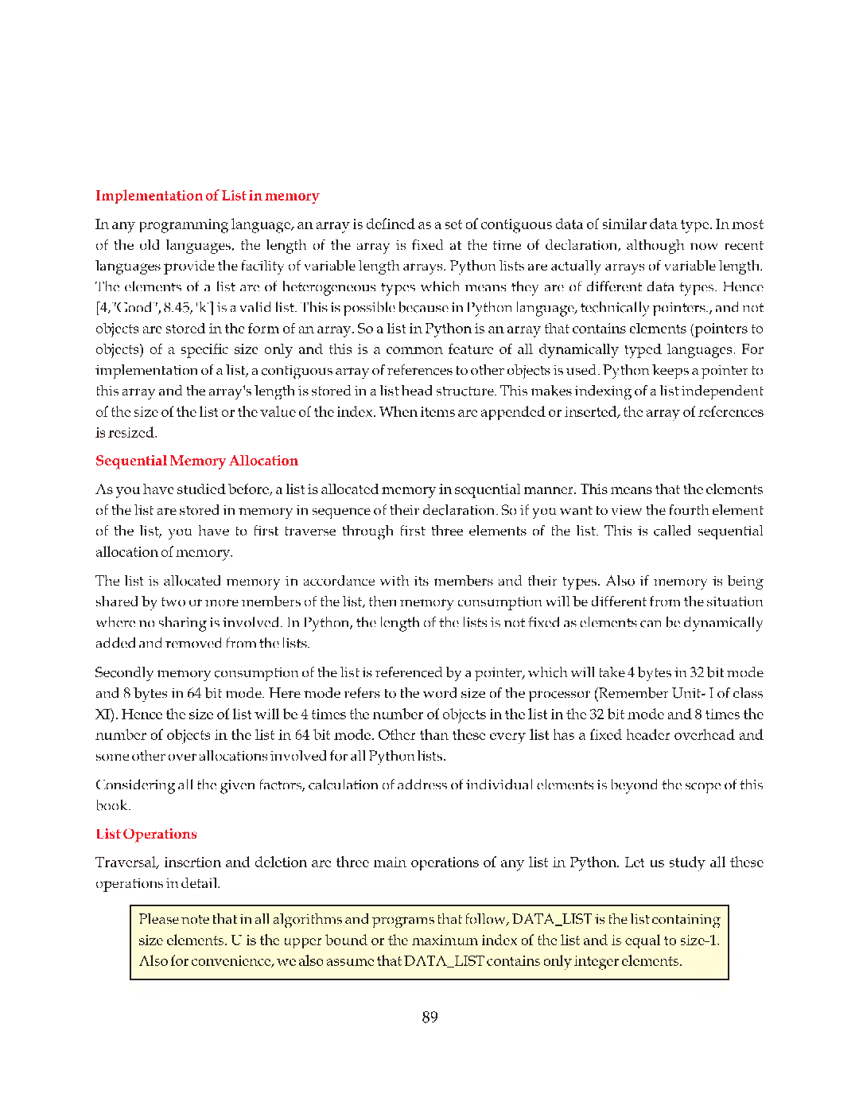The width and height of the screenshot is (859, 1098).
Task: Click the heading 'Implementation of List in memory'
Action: click(x=207, y=196)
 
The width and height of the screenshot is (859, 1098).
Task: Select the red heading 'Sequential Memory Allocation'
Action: click(x=196, y=461)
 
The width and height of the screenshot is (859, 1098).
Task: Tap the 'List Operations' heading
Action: click(x=146, y=834)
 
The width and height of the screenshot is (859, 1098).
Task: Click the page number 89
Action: click(x=429, y=1017)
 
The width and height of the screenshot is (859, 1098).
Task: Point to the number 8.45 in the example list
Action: click(x=177, y=308)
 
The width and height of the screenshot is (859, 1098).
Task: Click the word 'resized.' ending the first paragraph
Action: click(x=126, y=433)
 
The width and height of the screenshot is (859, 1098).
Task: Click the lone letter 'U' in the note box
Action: click(x=236, y=940)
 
